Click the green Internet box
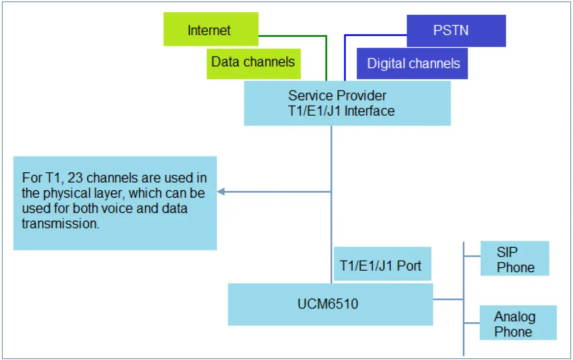(211, 30)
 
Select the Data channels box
(253, 63)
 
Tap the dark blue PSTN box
(456, 31)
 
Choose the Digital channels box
(412, 64)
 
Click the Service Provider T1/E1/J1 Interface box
(347, 103)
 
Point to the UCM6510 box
(330, 304)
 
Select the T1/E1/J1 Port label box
(382, 265)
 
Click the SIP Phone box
(514, 259)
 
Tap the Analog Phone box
(517, 323)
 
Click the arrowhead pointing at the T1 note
(221, 192)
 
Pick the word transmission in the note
(60, 223)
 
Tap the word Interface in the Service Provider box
(369, 111)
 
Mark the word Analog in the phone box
(514, 317)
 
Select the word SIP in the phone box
(507, 252)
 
